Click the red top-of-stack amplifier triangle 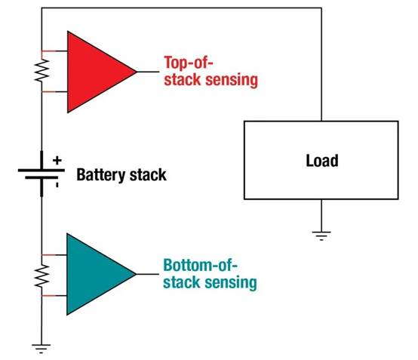click(94, 72)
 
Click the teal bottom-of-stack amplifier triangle click(94, 273)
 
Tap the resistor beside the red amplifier click(41, 72)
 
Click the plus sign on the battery click(57, 159)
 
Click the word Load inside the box click(322, 161)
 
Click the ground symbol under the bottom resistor click(41, 348)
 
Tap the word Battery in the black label click(101, 175)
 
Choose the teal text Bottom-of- click(200, 266)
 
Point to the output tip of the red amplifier click(136, 72)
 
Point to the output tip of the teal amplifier click(136, 273)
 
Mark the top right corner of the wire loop click(322, 8)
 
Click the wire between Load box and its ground click(322, 215)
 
